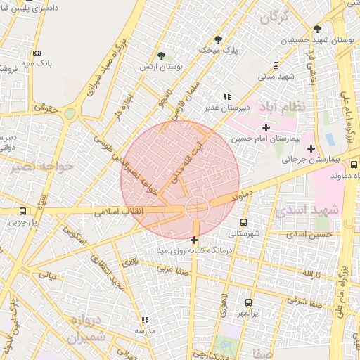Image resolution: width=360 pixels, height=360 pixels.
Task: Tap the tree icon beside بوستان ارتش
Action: [162, 55]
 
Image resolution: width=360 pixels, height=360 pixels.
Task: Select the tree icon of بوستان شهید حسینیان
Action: [317, 29]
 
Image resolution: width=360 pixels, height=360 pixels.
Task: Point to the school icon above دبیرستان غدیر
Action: [226, 96]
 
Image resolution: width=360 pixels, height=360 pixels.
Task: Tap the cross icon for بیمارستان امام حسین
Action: [266, 127]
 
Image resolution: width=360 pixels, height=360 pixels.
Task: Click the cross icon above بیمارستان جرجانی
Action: [311, 148]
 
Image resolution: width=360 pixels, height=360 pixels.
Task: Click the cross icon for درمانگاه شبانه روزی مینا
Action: [194, 240]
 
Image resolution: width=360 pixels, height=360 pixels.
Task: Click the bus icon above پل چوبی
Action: [22, 211]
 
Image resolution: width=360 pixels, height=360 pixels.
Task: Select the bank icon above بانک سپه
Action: [37, 52]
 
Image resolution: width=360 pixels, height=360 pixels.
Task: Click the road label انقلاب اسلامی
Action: [144, 210]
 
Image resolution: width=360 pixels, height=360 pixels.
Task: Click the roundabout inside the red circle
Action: [196, 208]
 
